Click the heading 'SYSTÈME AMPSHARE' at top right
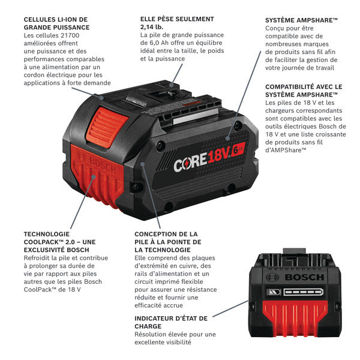point(301,20)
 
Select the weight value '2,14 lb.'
point(152,27)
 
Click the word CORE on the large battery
point(190,163)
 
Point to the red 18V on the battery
point(218,155)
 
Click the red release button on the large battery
point(107,127)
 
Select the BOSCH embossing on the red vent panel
point(97,162)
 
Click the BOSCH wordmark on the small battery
point(304,277)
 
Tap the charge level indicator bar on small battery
point(303,292)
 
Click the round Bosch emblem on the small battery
point(272,277)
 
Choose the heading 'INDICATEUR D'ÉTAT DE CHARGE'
point(171,322)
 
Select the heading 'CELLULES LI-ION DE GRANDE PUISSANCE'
point(57,23)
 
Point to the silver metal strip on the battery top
point(195,116)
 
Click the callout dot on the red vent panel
point(94,177)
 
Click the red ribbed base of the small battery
point(295,318)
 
